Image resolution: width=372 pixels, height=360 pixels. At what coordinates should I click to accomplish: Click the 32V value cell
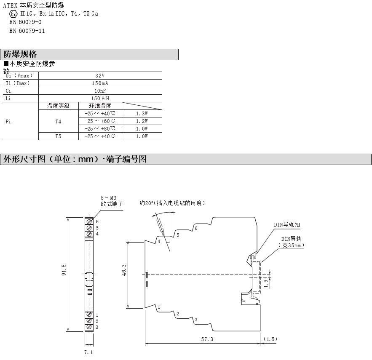(100, 76)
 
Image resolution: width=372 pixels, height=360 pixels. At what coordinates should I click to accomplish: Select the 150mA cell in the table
(100, 83)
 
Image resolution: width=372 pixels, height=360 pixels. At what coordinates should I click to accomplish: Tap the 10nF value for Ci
(100, 91)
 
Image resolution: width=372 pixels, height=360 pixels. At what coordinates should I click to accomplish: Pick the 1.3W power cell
(142, 114)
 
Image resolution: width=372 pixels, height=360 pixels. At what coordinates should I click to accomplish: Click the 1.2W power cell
(142, 121)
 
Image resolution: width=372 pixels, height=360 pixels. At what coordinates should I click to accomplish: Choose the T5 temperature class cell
(59, 136)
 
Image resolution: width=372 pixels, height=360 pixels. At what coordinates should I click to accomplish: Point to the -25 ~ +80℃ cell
(100, 128)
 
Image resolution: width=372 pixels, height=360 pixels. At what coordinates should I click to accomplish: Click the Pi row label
(8, 121)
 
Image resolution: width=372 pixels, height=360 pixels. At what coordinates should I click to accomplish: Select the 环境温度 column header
(100, 106)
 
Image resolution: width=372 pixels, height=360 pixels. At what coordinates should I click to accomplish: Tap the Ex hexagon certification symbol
(13, 14)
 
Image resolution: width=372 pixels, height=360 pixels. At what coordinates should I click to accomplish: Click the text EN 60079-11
(27, 31)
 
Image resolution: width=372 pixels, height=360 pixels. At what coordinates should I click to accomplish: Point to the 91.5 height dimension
(64, 270)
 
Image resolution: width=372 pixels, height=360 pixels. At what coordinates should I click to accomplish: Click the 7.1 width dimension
(88, 352)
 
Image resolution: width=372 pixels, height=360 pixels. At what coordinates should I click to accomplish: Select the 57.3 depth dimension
(207, 339)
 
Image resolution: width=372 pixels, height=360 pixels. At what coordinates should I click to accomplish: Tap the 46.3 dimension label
(124, 270)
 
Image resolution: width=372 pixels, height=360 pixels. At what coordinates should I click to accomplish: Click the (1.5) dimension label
(270, 339)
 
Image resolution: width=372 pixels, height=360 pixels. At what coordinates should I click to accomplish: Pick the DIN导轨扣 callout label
(287, 224)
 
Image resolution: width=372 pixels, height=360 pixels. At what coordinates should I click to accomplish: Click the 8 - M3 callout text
(108, 198)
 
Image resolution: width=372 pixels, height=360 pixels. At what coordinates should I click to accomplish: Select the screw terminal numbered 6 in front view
(89, 221)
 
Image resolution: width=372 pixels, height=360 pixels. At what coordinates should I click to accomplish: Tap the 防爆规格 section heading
(20, 54)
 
